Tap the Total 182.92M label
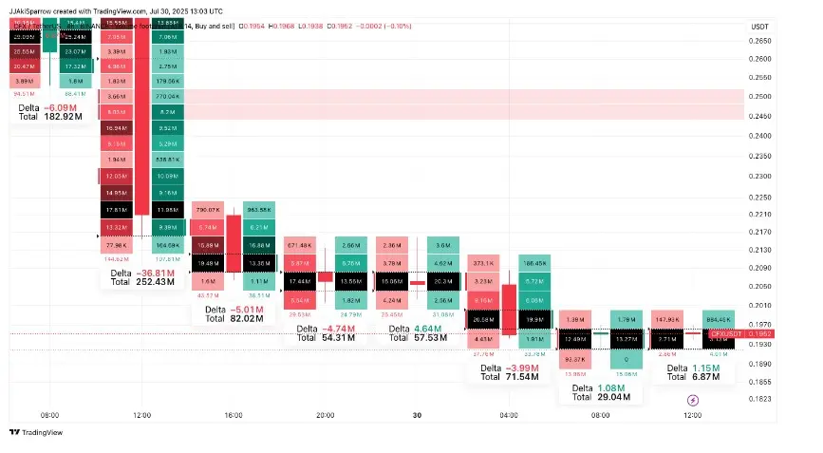coord(63,117)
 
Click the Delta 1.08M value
coord(611,388)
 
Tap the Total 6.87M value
coord(703,377)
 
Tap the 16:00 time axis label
coord(234,415)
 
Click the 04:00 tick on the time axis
coord(509,415)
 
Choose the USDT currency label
coord(760,27)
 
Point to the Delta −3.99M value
coord(521,368)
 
